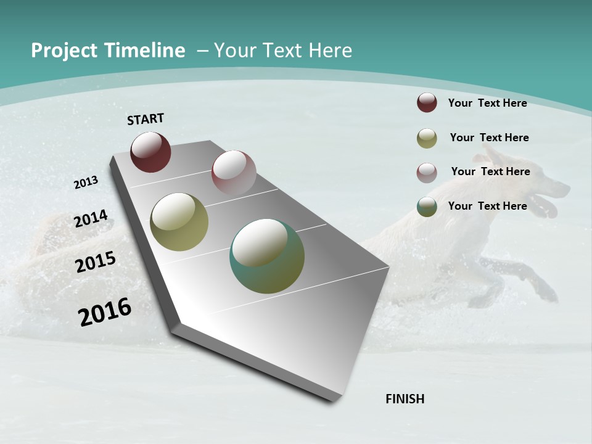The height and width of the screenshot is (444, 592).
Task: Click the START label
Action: point(146,119)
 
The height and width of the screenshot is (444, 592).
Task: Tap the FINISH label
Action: point(405,398)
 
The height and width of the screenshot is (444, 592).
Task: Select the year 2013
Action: point(86,182)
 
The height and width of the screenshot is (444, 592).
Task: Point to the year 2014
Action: point(91,219)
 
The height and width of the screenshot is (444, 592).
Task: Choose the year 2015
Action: point(95,262)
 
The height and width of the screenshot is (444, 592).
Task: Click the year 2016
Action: point(105,311)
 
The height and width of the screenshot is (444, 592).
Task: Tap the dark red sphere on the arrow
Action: point(150,152)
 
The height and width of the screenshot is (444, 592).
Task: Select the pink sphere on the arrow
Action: point(233,172)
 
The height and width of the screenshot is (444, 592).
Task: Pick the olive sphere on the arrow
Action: point(179,222)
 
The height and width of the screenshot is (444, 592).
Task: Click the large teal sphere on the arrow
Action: point(267,256)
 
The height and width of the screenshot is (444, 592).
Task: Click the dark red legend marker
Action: point(427,102)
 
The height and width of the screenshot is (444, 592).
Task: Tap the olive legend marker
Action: point(427,138)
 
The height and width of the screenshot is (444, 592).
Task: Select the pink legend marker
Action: point(427,173)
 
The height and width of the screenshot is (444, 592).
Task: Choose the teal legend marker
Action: point(427,207)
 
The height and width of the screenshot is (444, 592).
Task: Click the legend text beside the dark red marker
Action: point(487,103)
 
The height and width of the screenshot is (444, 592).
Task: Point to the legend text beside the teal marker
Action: point(487,206)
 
